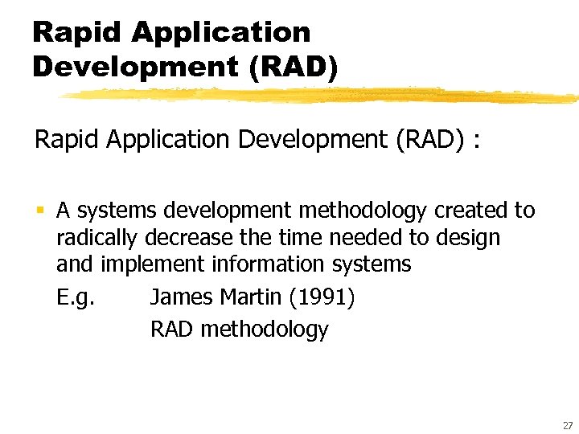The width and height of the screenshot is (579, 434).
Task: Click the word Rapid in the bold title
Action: coord(77,33)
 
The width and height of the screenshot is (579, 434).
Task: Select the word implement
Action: coord(155,264)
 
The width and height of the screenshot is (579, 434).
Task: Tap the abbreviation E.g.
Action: coord(76,298)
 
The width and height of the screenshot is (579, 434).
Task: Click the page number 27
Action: coord(566,424)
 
